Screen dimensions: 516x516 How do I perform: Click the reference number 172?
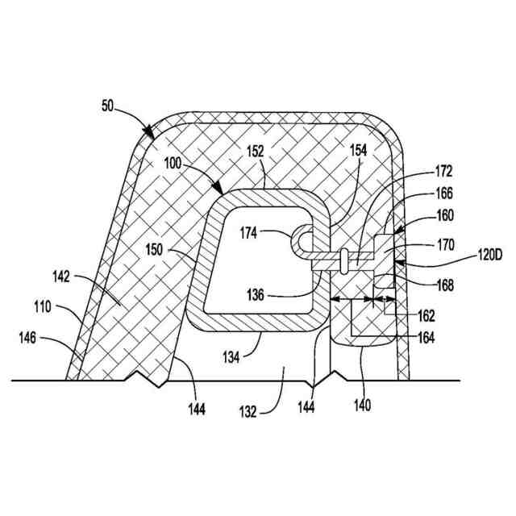tap(443, 172)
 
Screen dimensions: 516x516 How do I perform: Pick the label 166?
tap(443, 193)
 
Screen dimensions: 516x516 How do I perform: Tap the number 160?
tap(443, 215)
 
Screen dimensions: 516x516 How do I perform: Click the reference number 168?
tap(443, 285)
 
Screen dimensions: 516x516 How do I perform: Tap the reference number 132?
tap(248, 411)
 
